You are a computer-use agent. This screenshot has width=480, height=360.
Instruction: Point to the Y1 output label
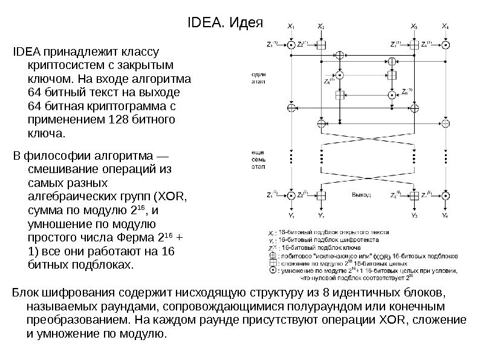point(292,215)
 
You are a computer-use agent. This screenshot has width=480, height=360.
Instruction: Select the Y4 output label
point(446,215)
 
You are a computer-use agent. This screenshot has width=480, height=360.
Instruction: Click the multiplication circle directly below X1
point(292,45)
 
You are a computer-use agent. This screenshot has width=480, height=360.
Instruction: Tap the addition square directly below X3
point(415,45)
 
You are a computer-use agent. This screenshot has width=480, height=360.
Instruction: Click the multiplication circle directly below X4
point(446,45)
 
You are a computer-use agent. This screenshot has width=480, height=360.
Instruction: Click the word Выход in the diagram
point(360,195)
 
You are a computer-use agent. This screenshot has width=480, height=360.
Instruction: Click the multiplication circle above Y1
point(292,195)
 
